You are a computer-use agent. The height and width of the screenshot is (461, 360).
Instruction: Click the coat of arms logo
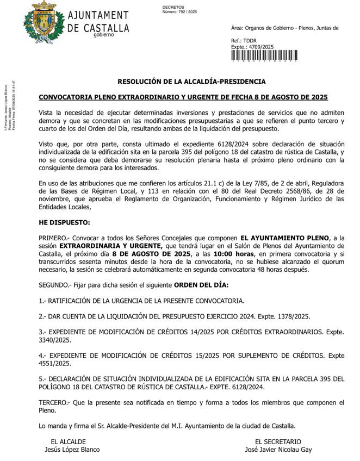click(39, 23)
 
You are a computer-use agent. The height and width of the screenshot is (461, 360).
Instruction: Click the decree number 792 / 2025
click(180, 11)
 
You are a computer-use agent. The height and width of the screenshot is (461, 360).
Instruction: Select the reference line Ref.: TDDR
click(244, 41)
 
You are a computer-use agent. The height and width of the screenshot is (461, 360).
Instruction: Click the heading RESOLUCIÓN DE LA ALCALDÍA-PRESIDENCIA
click(191, 82)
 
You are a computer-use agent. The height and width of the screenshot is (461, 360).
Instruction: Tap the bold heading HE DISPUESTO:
click(64, 223)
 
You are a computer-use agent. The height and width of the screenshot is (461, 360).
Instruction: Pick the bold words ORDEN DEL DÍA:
click(201, 285)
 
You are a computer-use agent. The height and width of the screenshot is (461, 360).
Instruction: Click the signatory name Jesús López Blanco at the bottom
click(72, 450)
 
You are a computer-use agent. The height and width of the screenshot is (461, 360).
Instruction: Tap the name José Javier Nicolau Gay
click(278, 450)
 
